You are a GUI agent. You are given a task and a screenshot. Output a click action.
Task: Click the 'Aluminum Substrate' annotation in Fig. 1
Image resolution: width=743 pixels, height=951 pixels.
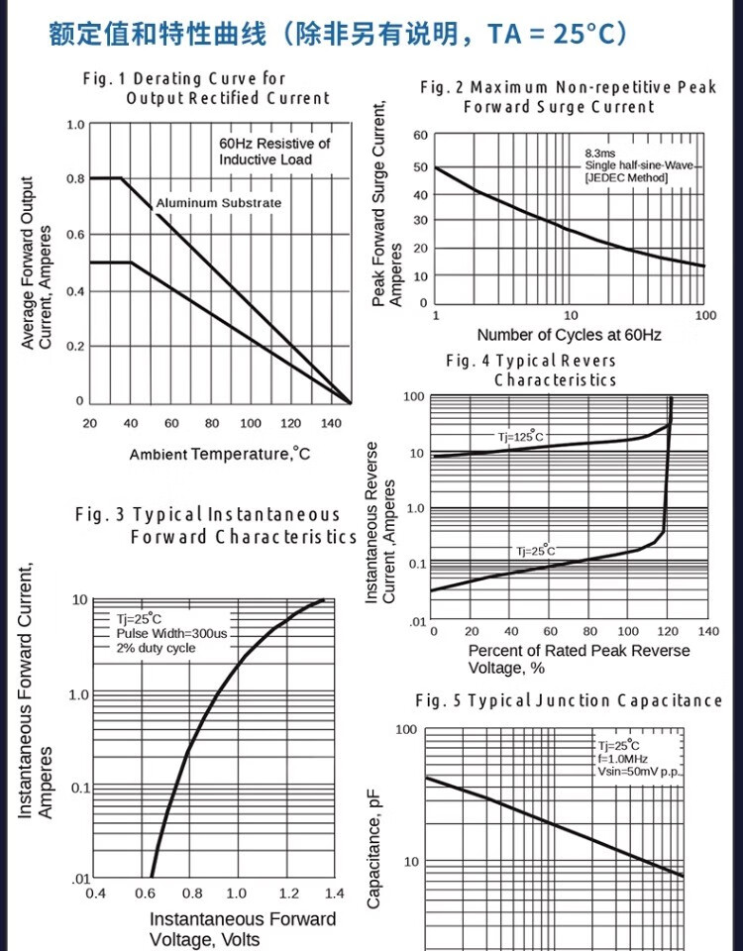[218, 203]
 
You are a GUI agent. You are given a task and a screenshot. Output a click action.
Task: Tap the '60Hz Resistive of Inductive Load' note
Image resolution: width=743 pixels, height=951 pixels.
[274, 152]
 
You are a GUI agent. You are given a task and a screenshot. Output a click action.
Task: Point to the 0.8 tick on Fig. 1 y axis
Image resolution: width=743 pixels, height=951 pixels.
[75, 179]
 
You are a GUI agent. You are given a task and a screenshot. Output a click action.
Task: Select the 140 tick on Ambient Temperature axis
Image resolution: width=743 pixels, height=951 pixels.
[331, 423]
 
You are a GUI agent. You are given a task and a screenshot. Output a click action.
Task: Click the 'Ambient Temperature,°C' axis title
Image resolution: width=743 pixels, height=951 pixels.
[219, 455]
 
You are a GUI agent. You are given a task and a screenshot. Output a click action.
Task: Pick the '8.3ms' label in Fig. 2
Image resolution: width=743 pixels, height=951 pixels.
[599, 154]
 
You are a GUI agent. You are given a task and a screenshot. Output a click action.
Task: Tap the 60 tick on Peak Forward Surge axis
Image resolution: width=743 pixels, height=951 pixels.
[420, 136]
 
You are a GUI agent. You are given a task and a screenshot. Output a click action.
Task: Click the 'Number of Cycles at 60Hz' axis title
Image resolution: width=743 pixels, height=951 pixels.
[569, 335]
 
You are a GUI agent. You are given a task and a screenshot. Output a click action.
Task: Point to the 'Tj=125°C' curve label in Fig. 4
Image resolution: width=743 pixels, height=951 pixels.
[520, 437]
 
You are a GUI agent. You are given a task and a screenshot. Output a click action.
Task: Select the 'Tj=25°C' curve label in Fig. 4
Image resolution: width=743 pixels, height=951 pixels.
[534, 551]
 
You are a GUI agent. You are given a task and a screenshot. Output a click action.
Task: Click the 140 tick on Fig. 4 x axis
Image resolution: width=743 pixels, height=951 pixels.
[707, 631]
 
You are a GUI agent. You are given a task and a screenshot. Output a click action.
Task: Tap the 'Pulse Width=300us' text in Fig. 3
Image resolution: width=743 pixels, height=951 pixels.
[171, 633]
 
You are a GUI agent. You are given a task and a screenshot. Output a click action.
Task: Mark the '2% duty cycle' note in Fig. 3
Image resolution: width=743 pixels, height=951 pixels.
[156, 648]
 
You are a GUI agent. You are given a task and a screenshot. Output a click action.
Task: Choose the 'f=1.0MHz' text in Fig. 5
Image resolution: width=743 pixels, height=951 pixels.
[622, 758]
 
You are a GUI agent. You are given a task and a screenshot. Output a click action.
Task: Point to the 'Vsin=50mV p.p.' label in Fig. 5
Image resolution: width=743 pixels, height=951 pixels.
[641, 771]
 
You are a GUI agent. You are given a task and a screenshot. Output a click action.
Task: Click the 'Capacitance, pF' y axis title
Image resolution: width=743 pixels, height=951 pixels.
[374, 848]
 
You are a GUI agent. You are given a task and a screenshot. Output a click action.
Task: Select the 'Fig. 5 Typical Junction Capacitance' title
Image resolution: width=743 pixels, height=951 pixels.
[569, 700]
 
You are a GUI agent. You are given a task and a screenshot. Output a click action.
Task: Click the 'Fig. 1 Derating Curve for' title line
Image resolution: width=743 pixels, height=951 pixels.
[184, 78]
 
